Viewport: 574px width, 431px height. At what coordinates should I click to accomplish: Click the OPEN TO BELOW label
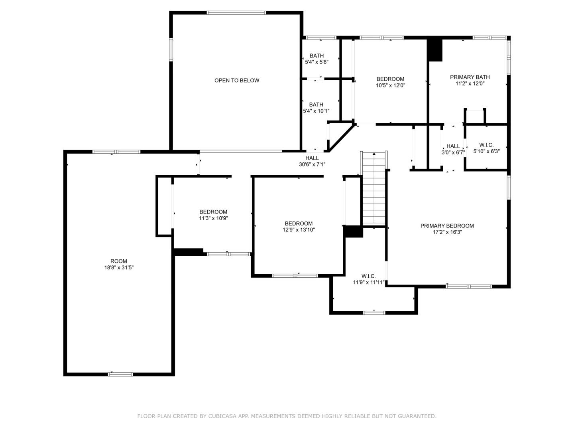click(x=237, y=81)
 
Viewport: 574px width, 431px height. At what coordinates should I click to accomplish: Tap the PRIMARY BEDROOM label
click(x=447, y=226)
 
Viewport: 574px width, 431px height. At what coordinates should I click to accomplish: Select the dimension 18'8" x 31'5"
click(x=119, y=268)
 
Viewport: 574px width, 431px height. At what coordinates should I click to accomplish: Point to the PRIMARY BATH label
click(x=470, y=77)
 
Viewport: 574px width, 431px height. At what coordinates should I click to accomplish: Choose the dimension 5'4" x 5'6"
click(x=316, y=62)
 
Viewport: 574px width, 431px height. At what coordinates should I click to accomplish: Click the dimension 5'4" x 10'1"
click(x=316, y=111)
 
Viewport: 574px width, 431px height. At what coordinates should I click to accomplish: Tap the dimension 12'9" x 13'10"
click(x=299, y=230)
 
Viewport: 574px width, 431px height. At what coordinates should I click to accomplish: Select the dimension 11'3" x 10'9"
click(x=213, y=218)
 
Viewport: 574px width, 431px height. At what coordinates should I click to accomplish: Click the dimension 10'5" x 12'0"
click(x=390, y=85)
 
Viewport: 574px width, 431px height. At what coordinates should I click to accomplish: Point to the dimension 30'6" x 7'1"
click(x=312, y=164)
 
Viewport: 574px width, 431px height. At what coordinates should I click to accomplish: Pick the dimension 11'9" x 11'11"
click(x=369, y=283)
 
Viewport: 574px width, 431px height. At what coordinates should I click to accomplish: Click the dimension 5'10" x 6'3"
click(x=486, y=152)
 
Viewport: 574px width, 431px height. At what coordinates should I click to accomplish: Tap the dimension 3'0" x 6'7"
click(x=453, y=152)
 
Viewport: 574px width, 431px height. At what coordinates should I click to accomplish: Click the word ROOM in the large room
click(x=119, y=261)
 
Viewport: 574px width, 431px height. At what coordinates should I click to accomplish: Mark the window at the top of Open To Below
click(x=236, y=13)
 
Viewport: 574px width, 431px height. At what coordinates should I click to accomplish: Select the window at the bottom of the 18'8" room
click(x=120, y=374)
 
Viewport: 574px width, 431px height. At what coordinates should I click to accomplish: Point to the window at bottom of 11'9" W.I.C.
click(x=374, y=312)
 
